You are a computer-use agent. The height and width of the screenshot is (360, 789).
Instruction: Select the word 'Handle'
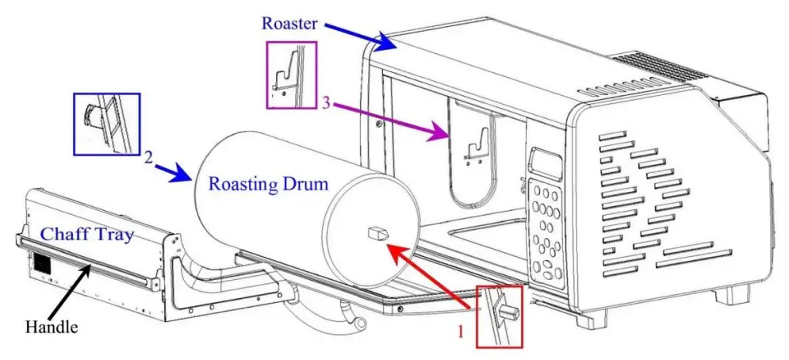[52, 326]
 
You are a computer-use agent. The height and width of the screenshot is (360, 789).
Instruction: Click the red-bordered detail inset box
[500, 316]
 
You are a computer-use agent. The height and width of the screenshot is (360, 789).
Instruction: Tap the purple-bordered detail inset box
[291, 75]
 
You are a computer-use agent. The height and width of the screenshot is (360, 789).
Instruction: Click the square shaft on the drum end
[376, 233]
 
